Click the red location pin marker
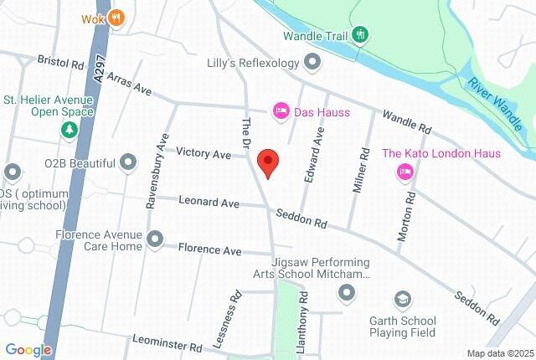point(267,162)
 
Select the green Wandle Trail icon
point(360,34)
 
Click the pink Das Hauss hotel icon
point(281,111)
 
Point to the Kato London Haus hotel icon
point(405,172)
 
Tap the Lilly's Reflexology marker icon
point(312,62)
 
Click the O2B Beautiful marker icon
point(128,160)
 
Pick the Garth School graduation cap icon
point(403,299)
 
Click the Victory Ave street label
point(203,154)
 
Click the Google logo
point(28,350)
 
